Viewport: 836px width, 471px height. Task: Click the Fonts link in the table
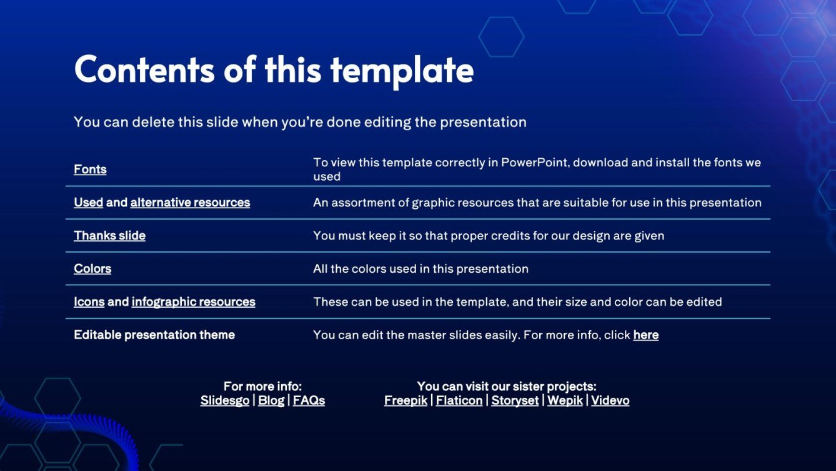click(90, 170)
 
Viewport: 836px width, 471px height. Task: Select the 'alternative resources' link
click(190, 203)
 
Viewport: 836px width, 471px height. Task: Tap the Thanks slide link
click(109, 236)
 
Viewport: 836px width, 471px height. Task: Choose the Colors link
click(92, 269)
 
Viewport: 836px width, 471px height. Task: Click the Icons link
click(89, 302)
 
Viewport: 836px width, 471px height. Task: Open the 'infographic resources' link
click(193, 302)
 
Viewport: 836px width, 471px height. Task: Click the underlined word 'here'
click(645, 335)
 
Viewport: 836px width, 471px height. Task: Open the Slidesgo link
click(225, 401)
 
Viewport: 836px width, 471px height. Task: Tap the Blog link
click(271, 401)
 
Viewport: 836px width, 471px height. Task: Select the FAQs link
click(309, 401)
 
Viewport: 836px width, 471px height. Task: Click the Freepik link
click(406, 401)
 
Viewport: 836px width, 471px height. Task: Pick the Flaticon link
click(459, 401)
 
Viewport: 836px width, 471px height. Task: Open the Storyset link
click(515, 401)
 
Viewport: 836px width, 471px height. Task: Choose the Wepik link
click(565, 401)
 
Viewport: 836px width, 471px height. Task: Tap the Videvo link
click(610, 401)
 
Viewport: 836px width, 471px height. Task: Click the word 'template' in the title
click(402, 70)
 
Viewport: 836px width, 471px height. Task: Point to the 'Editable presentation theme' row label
click(154, 335)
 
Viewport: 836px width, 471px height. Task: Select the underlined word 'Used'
click(88, 203)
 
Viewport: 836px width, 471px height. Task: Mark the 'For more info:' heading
click(262, 387)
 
